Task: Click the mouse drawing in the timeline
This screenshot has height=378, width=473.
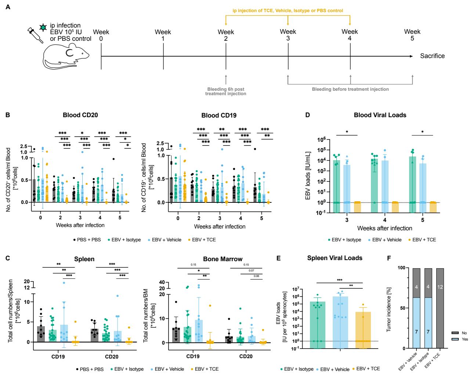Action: pyautogui.click(x=66, y=56)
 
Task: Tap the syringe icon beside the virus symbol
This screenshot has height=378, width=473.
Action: pyautogui.click(x=35, y=35)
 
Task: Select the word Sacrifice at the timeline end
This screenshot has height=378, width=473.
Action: pyautogui.click(x=432, y=56)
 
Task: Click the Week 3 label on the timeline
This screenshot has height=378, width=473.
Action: pyautogui.click(x=288, y=35)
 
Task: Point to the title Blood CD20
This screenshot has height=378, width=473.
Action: pyautogui.click(x=80, y=115)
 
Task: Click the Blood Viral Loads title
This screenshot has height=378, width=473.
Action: pyautogui.click(x=380, y=115)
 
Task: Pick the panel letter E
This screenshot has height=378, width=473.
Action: pyautogui.click(x=278, y=258)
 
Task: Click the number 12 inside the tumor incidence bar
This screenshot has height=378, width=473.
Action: pyautogui.click(x=440, y=287)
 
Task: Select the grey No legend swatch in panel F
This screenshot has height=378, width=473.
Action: pyautogui.click(x=455, y=333)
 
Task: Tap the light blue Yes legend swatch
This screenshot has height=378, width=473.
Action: pyautogui.click(x=455, y=339)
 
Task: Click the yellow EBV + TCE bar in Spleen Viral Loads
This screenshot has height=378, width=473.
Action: pyautogui.click(x=363, y=330)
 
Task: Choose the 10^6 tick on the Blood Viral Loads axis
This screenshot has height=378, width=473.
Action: pyautogui.click(x=321, y=140)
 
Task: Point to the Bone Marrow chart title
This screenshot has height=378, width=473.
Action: pyautogui.click(x=223, y=259)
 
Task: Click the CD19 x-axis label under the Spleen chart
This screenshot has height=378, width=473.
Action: pyautogui.click(x=58, y=356)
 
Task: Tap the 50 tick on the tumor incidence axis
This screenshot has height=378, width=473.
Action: pyautogui.click(x=402, y=308)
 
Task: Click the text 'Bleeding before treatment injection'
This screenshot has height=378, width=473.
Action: pyautogui.click(x=350, y=89)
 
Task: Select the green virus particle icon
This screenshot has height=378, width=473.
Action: pyautogui.click(x=43, y=27)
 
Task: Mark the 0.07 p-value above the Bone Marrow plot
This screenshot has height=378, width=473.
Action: pyautogui.click(x=251, y=270)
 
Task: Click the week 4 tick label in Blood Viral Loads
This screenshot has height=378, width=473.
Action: pyautogui.click(x=384, y=220)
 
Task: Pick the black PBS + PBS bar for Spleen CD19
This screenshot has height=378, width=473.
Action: pyautogui.click(x=41, y=334)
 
